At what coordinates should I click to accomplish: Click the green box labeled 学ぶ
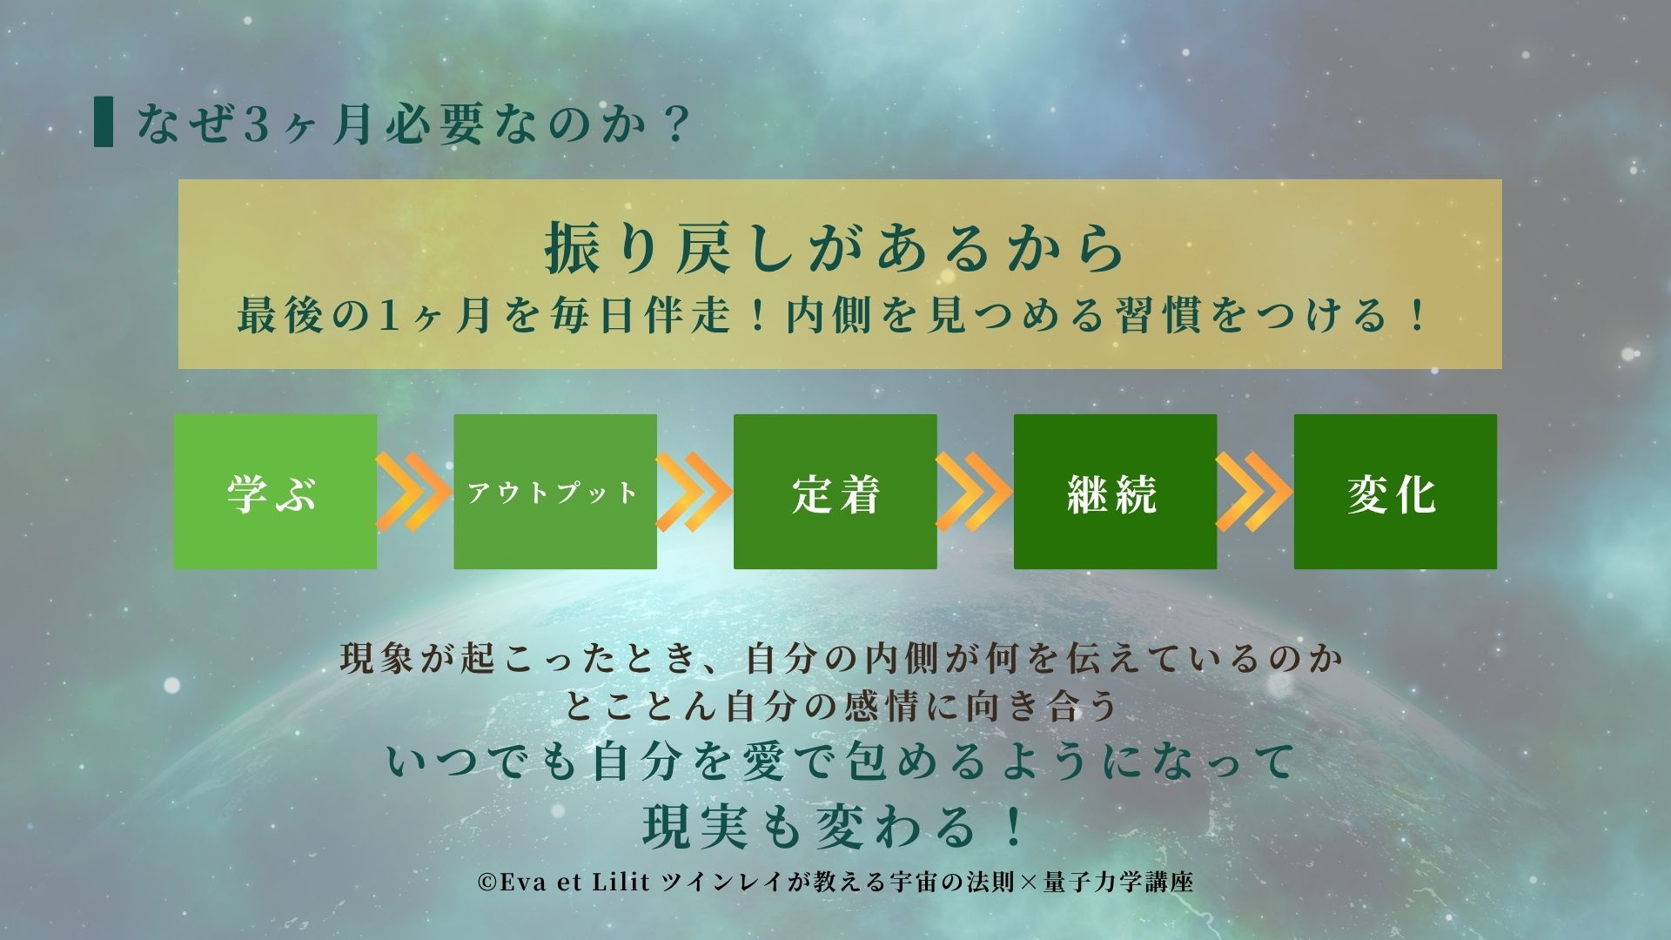275,492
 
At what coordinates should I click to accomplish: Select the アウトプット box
555,492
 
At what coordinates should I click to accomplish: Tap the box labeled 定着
835,492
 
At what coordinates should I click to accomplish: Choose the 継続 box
1115,492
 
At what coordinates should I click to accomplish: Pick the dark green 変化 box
1395,492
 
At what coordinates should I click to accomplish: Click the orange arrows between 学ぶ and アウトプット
414,492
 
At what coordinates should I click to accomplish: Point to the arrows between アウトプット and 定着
695,492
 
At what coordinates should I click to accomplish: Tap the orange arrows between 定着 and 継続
975,492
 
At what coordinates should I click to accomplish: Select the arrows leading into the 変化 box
1255,492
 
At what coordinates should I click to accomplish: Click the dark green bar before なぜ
104,124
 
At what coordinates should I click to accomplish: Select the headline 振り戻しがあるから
835,248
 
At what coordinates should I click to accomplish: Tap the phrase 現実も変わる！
835,825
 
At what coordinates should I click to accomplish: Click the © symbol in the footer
487,883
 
